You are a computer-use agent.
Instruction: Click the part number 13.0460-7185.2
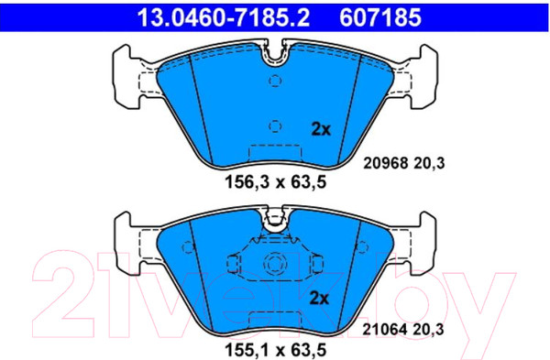224,17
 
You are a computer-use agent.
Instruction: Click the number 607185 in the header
380,17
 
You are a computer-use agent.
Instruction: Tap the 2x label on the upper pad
321,130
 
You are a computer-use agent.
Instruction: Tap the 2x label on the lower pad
319,299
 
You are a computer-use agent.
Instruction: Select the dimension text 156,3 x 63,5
276,182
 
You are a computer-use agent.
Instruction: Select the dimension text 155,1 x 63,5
276,350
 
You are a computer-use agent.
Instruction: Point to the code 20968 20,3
403,163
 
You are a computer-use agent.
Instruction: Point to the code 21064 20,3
403,330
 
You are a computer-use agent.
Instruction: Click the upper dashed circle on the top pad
275,81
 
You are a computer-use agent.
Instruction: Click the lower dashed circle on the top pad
275,126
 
